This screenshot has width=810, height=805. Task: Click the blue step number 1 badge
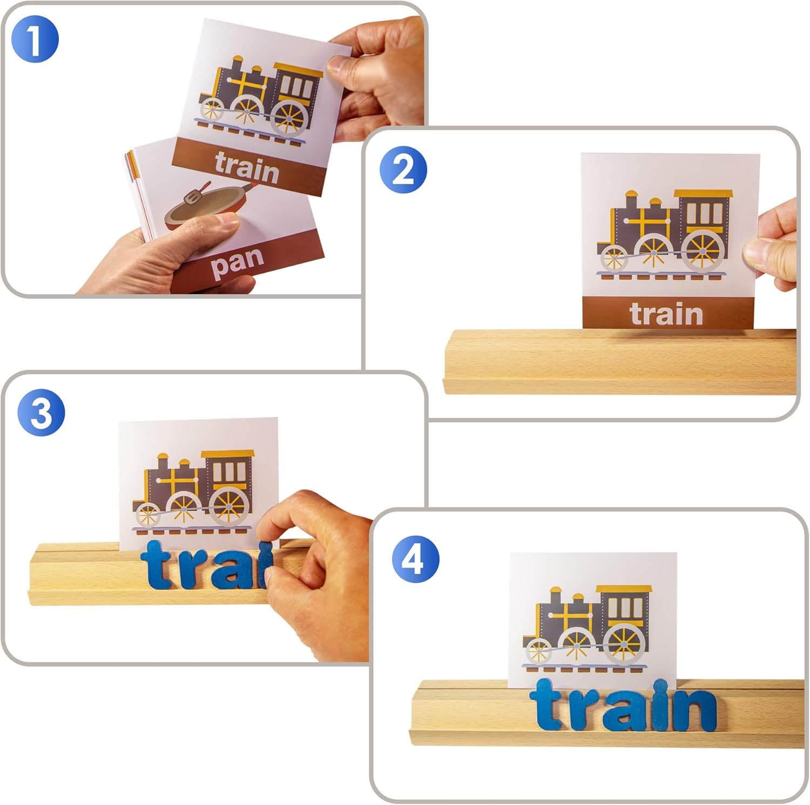pos(35,39)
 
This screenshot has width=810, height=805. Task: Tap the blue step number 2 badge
pos(403,170)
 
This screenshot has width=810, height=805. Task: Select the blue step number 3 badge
pos(42,413)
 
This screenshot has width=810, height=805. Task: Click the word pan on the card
pos(237,263)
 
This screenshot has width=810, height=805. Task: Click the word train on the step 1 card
pos(247,166)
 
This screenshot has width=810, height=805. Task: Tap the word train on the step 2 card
pos(666,314)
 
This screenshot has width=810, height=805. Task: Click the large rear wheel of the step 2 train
pos(703,251)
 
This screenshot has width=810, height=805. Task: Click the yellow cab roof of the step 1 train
pos(299,69)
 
